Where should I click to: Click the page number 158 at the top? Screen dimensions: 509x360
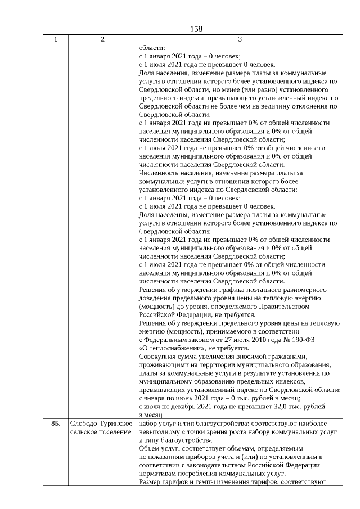click(x=196, y=29)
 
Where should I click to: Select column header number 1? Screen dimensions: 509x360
click(x=55, y=39)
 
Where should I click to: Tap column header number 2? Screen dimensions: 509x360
click(x=102, y=39)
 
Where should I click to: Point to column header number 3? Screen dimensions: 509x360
click(x=240, y=39)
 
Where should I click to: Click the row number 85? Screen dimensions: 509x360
click(x=55, y=423)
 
